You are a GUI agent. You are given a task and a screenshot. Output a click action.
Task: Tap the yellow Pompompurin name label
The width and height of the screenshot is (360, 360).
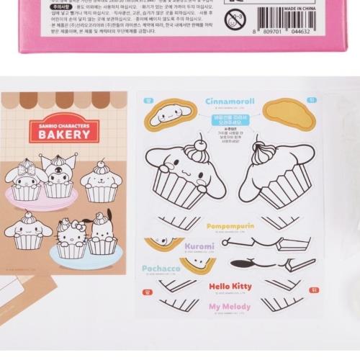pyautogui.click(x=230, y=225)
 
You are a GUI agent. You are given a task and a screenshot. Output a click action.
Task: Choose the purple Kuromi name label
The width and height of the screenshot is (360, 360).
pyautogui.click(x=199, y=246)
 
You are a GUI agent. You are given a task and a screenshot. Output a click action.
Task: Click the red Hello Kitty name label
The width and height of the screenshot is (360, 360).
pyautogui.click(x=230, y=287)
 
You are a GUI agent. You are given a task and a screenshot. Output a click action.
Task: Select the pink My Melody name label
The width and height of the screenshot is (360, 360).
pyautogui.click(x=230, y=307)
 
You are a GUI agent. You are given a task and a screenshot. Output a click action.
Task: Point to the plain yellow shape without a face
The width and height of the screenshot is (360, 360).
pyautogui.click(x=289, y=114)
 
